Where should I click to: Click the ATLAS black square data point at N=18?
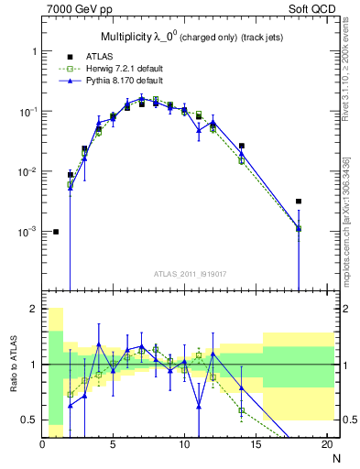coord(299,202)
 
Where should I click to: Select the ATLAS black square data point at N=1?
coord(56,232)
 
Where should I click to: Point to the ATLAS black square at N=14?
coord(242,146)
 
